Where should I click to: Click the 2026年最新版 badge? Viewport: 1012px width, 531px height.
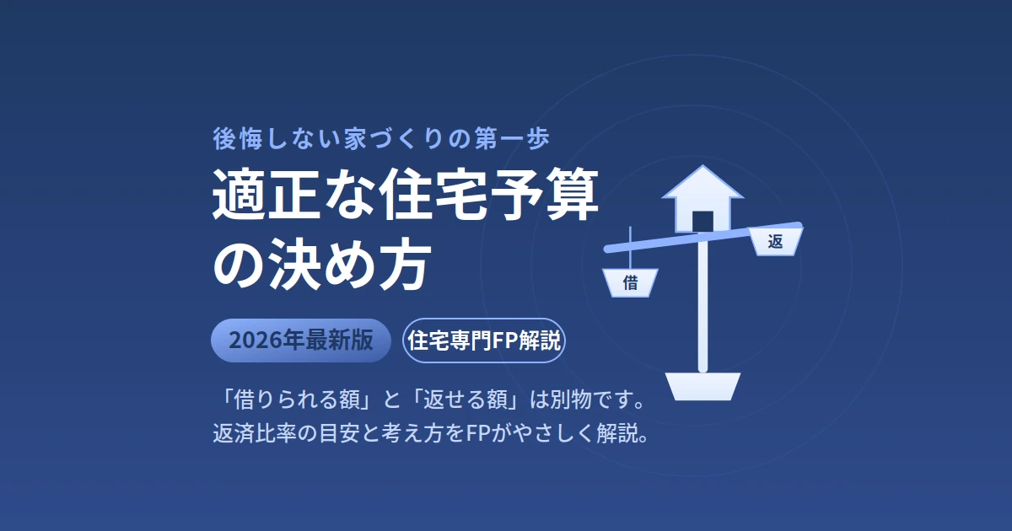pos(301,341)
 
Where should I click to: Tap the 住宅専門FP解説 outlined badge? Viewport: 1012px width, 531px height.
pos(484,341)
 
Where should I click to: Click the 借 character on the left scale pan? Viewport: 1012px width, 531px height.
pos(630,283)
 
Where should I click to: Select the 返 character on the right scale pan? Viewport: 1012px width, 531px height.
pos(775,242)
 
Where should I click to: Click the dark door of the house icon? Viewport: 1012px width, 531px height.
pos(703,222)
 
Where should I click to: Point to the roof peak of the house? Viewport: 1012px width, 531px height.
pos(702,166)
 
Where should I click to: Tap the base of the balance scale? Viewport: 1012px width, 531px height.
pos(703,387)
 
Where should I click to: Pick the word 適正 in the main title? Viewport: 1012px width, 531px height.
pos(265,194)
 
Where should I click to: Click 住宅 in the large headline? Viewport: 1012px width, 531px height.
pos(433,194)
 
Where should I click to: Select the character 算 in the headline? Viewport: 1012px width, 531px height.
pos(572,194)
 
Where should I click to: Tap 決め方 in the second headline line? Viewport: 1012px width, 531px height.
pos(347,264)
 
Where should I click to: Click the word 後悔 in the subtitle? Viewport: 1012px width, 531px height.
pos(238,138)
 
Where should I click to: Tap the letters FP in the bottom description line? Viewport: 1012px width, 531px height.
pos(477,433)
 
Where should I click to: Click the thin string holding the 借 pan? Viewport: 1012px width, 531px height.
pos(630,248)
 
